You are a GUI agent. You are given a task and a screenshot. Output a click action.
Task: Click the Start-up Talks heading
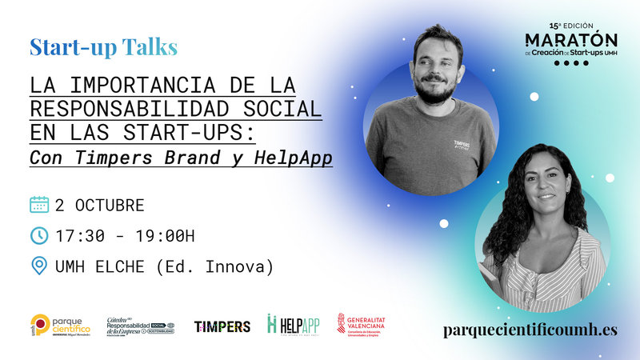(103, 47)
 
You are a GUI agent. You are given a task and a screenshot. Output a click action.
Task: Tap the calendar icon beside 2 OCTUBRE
(39, 205)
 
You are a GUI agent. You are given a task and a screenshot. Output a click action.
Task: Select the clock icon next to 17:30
(39, 235)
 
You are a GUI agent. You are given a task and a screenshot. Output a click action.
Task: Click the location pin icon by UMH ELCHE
(39, 266)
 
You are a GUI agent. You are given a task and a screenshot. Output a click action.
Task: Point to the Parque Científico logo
(59, 325)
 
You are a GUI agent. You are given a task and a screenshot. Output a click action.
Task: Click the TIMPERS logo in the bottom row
(222, 326)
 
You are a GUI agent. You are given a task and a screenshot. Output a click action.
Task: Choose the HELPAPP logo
(293, 324)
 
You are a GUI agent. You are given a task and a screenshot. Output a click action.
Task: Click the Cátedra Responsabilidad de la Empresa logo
(141, 324)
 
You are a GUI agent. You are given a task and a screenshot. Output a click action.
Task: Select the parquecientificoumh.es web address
(530, 330)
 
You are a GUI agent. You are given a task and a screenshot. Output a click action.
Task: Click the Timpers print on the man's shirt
(462, 146)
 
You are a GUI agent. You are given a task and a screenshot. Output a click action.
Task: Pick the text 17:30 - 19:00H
(125, 236)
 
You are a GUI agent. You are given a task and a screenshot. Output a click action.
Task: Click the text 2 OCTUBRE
(99, 206)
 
